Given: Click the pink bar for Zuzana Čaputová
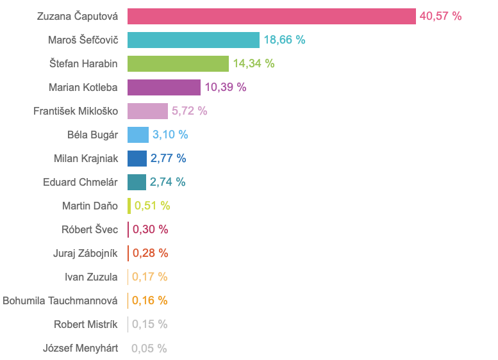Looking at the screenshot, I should point(272,16).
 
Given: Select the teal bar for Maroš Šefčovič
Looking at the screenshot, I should point(194,40).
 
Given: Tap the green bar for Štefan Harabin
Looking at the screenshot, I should point(178,63).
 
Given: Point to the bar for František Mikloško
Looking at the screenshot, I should point(147,111).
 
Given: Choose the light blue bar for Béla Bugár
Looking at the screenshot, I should point(138,135).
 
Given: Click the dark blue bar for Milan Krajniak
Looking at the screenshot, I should point(137,158).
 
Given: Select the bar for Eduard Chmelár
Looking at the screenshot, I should point(137,182).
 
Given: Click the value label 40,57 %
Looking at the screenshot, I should point(440,16).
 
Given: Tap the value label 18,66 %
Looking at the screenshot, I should point(284,40).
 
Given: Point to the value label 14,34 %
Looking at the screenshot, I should point(253,63).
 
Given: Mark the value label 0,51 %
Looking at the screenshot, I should point(152,206).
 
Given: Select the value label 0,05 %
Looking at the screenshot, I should point(149,348).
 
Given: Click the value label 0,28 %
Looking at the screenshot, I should point(150,253).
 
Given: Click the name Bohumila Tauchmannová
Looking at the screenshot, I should point(60,300).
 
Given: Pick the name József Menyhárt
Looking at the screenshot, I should point(80,348).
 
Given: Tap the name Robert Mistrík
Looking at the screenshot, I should point(86,325).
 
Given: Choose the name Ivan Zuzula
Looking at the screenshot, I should point(91,277).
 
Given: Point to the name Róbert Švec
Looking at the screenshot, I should point(90,229).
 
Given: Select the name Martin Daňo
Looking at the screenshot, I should point(90,206).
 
